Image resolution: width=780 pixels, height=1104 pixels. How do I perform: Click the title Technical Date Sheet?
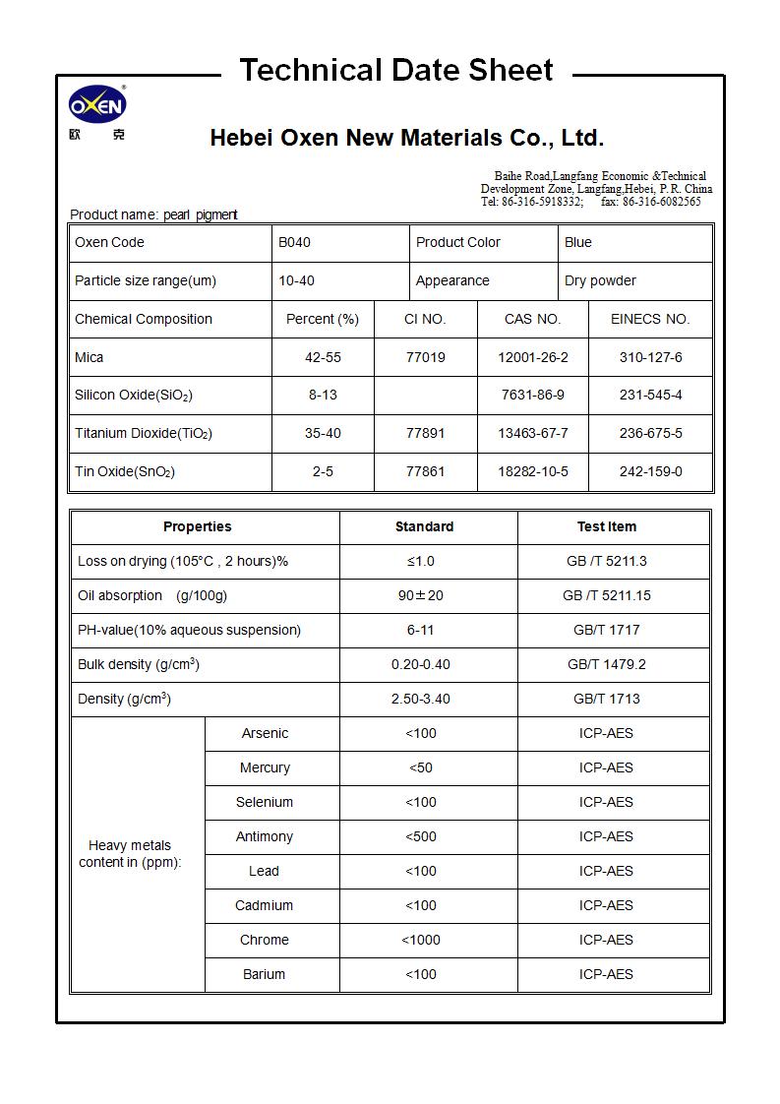395,71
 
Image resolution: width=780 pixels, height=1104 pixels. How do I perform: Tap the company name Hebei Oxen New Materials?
406,138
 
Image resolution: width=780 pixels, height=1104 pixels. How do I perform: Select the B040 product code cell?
294,242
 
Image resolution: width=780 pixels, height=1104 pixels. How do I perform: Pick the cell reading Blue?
578,242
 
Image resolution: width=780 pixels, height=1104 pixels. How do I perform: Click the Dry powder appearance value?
600,280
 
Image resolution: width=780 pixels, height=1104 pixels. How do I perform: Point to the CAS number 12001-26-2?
532,357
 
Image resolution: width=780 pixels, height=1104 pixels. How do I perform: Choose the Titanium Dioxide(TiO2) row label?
144,433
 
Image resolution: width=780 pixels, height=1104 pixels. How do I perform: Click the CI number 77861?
425,471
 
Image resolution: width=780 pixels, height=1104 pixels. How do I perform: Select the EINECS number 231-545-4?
650,395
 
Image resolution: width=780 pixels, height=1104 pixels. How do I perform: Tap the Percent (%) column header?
323,319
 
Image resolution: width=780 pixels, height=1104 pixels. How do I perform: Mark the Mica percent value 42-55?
323,357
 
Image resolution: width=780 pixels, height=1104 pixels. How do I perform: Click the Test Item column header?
606,526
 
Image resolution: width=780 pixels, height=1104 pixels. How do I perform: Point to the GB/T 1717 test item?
606,630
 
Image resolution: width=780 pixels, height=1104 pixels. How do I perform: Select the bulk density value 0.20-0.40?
420,664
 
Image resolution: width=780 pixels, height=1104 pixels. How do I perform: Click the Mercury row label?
265,767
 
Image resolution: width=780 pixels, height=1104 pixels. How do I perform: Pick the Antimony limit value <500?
420,836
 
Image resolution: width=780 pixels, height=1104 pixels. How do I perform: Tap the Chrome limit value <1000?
420,940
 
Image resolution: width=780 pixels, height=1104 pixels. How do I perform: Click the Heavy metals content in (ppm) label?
130,853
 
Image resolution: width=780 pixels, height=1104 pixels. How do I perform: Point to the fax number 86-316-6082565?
661,202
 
